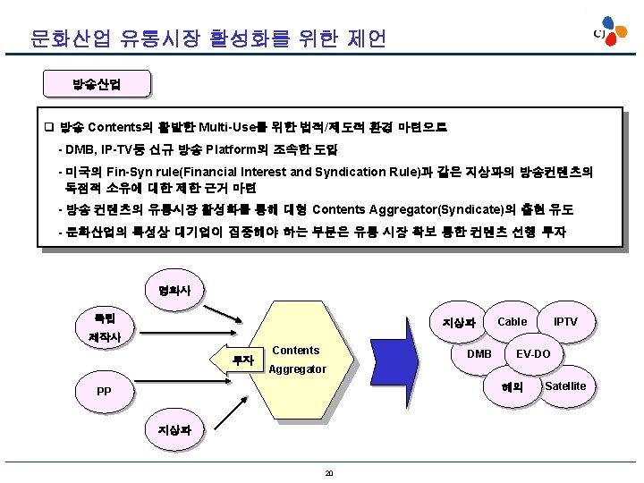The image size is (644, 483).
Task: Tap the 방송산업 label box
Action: point(97,85)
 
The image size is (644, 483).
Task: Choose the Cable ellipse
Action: point(512,322)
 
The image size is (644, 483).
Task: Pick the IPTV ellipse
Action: point(564,322)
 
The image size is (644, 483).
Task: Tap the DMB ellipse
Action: point(479,354)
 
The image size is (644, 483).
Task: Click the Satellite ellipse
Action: point(565,386)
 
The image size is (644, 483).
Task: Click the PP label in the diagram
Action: point(105,391)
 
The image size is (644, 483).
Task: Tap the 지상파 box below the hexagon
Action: point(174,429)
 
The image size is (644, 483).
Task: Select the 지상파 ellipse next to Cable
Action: point(457,324)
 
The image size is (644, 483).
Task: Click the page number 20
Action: point(329,472)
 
